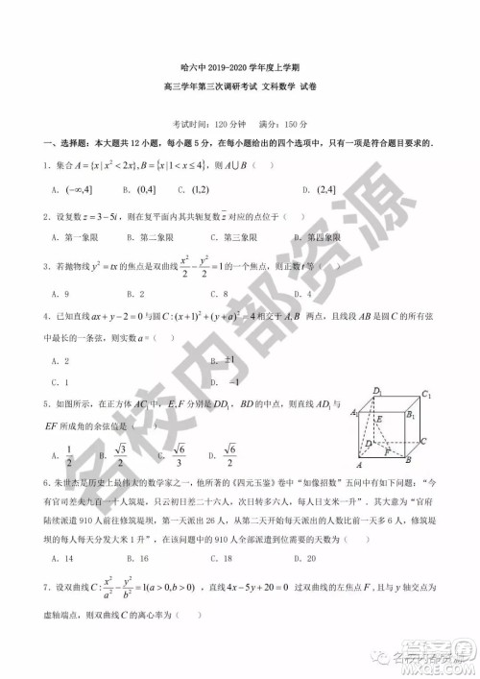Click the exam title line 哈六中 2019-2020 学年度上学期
click(241, 68)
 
